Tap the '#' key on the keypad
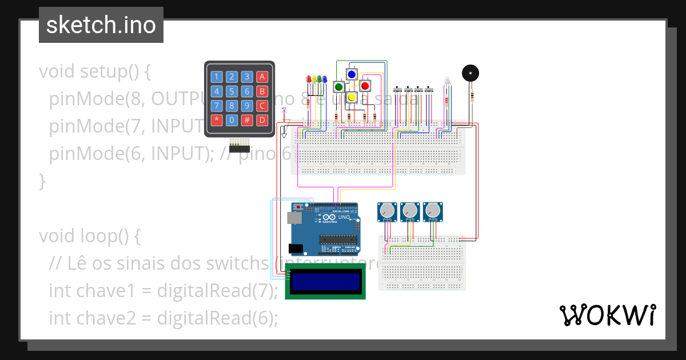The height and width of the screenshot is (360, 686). (246, 120)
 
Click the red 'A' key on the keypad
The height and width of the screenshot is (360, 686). (262, 77)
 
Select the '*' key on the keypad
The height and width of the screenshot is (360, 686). (217, 120)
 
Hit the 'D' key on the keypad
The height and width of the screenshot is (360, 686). (262, 120)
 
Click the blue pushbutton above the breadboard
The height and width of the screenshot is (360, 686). (352, 74)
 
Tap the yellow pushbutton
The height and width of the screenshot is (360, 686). (352, 97)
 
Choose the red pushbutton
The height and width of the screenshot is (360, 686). (365, 86)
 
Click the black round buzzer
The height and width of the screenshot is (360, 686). (470, 74)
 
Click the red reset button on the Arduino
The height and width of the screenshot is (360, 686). (298, 207)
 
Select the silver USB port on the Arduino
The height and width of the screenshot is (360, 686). (292, 218)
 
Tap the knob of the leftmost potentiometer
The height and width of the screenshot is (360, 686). (387, 211)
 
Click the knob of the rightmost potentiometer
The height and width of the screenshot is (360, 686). (433, 211)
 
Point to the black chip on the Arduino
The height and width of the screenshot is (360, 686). (337, 239)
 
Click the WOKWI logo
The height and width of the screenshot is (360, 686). (608, 315)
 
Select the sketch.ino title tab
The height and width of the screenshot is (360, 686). (101, 25)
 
